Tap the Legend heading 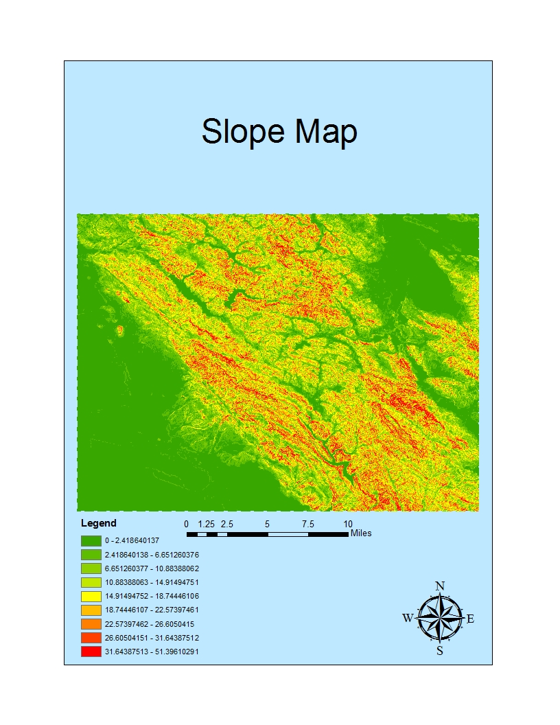tap(99, 523)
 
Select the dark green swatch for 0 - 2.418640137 tap(91, 540)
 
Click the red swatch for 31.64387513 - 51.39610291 tap(91, 652)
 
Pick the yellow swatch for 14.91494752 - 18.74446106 tap(91, 596)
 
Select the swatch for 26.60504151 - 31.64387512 tap(91, 638)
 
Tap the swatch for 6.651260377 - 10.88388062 tap(91, 568)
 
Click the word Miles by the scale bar tap(361, 533)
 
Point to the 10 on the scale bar tap(348, 524)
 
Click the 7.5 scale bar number tap(307, 524)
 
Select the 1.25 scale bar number tap(207, 524)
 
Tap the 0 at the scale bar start tap(187, 524)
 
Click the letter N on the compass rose tap(440, 586)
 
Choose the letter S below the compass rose tap(440, 651)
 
